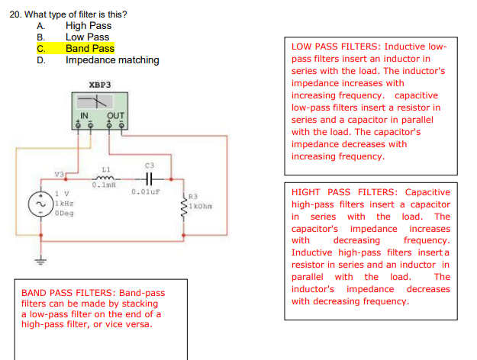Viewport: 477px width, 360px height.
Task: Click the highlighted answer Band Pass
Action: click(89, 49)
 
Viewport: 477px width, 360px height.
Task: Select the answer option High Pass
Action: click(88, 26)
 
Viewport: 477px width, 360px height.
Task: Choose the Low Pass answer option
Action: click(87, 37)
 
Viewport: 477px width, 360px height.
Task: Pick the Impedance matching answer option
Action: click(112, 60)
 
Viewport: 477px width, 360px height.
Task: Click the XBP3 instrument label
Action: click(99, 85)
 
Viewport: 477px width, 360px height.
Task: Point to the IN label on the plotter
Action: click(85, 116)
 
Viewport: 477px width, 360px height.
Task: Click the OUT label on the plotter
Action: click(115, 116)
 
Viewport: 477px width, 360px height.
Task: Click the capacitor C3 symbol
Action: click(150, 175)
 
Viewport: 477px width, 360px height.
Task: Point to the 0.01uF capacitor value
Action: click(143, 191)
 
